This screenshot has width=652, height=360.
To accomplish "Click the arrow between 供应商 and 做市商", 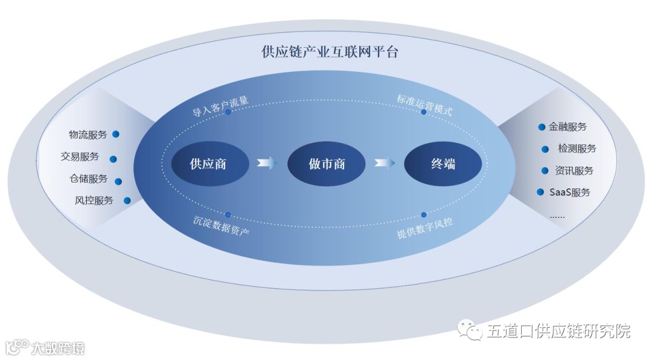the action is point(266,163).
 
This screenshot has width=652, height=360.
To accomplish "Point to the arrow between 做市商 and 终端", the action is point(384,163).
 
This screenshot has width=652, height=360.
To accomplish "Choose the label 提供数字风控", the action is point(425,225).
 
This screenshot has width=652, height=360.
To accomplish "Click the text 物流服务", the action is point(88,135).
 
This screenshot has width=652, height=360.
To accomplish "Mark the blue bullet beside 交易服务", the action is point(113,159).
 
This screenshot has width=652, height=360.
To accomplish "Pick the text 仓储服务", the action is point(89,179).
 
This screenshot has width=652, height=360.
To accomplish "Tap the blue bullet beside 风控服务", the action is point(127,201).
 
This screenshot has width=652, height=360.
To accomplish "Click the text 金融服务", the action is point(567,127).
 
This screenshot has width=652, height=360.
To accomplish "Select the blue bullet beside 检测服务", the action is point(546,149).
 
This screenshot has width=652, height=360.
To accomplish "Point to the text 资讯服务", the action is point(574,170).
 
